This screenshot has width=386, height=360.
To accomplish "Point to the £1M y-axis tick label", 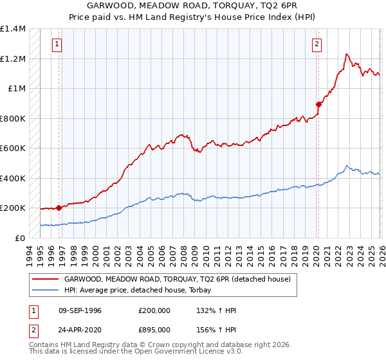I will pos(17,89).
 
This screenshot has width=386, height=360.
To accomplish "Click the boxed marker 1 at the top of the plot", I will pos(58,44).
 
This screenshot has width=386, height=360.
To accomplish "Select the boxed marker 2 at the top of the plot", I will pos(318,44).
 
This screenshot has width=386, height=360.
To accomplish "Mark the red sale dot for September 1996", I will pos(59,208).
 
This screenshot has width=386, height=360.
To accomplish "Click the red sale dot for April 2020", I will pos(318,104).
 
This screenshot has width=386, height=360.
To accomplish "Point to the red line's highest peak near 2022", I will pos(347,54).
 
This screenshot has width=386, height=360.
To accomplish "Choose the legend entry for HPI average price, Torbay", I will pos(142,291).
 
